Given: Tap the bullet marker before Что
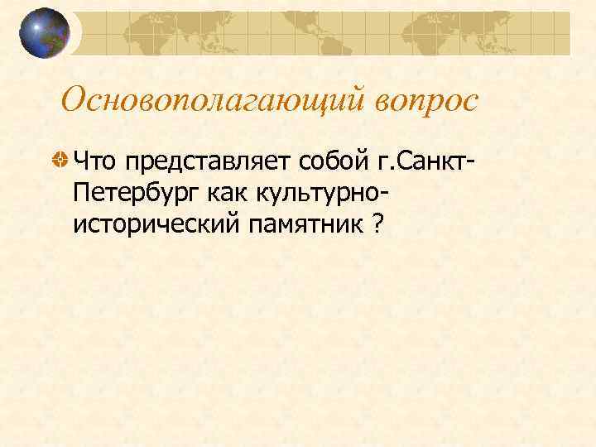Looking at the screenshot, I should pos(60,158).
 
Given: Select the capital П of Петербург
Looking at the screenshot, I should pos(81,192).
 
